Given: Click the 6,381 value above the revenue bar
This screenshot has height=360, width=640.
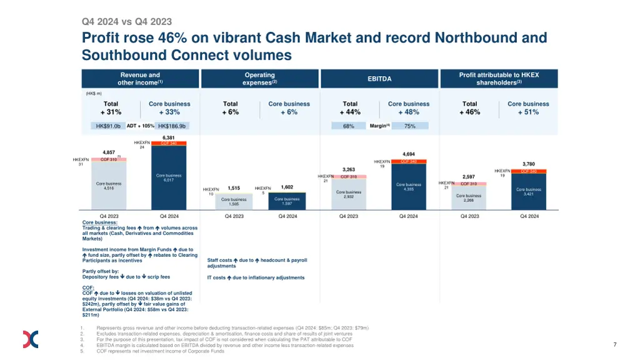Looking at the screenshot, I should tap(168, 137).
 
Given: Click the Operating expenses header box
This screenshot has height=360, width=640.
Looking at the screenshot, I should tap(259, 79).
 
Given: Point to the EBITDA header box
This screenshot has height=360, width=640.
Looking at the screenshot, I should tap(379, 79).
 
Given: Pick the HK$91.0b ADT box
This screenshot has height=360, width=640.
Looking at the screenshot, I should tap(108, 126).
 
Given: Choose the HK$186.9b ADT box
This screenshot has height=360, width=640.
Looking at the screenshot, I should tap(172, 126).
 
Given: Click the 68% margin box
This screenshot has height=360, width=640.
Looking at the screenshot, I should tap(349, 126).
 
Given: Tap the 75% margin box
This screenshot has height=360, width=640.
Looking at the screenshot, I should tap(410, 126).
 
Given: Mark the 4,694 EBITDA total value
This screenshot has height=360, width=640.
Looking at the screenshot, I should tap(409, 153).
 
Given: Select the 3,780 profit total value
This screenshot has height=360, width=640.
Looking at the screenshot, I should tap(529, 164).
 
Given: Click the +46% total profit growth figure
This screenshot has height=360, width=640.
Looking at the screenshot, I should tap(470, 112).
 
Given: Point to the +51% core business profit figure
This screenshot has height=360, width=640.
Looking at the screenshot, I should tap(528, 112).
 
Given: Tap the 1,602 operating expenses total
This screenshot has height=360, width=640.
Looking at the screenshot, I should tap(287, 187).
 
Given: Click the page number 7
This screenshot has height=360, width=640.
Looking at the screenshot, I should tap(615, 345).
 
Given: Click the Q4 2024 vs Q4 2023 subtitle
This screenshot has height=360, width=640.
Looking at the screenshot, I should tap(127, 22).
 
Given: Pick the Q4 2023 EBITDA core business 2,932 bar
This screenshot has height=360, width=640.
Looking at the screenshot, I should tap(349, 194).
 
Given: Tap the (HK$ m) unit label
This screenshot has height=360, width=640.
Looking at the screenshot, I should tap(93, 93).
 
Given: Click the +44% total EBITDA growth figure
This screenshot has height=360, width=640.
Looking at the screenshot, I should tap(350, 112).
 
